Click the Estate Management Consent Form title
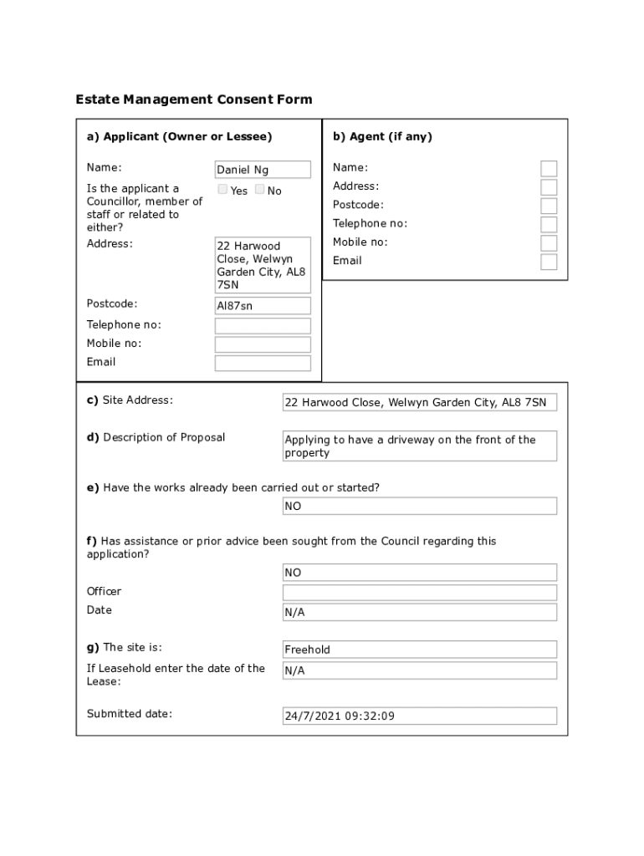(x=194, y=99)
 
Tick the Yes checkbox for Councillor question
(x=223, y=190)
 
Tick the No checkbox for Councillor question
(x=260, y=190)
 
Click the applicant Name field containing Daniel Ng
(x=263, y=170)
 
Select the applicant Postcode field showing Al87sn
(x=263, y=306)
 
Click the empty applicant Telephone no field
(x=263, y=326)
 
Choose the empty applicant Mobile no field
(x=263, y=344)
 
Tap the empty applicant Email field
(x=263, y=363)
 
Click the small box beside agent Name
(x=549, y=168)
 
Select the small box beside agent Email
(x=549, y=262)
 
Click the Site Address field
(x=420, y=403)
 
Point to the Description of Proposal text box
(x=420, y=446)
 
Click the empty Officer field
(x=420, y=593)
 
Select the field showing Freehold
(x=420, y=650)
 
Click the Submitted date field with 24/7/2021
(x=420, y=716)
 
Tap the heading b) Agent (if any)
(x=382, y=136)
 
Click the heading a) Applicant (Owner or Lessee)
(x=179, y=136)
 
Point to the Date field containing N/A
(x=420, y=613)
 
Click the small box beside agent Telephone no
(x=549, y=224)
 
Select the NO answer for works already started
(x=420, y=507)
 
